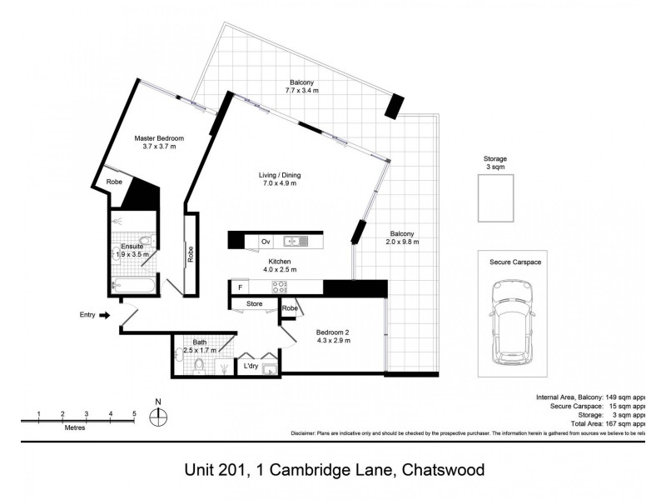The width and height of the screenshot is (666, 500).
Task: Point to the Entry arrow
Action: pyautogui.click(x=104, y=315)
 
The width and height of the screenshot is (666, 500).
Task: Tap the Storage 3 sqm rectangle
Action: pyautogui.click(x=495, y=198)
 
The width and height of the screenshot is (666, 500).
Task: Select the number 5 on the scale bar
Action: pyautogui.click(x=134, y=414)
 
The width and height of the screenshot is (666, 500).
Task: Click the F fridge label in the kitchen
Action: pyautogui.click(x=240, y=287)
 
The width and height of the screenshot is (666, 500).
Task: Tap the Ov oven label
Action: pyautogui.click(x=266, y=242)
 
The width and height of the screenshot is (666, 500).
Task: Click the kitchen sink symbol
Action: pyautogui.click(x=296, y=242)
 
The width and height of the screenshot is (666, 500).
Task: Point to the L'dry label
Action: pyautogui.click(x=250, y=366)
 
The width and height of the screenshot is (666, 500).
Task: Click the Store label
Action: pyautogui.click(x=254, y=304)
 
